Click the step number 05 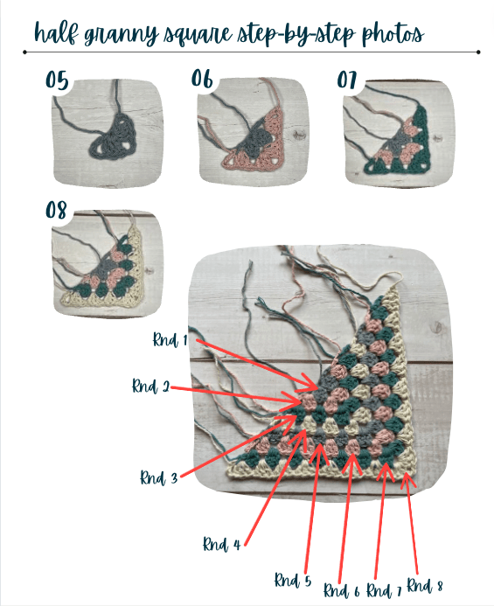tap(57, 80)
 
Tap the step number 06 tap(202, 79)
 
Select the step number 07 tap(346, 80)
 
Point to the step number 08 tap(56, 210)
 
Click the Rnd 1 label tap(170, 339)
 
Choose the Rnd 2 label tap(150, 386)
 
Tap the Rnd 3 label tap(158, 477)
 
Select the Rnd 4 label tap(221, 544)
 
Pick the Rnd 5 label tap(293, 580)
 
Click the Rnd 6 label tap(341, 590)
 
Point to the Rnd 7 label tap(384, 590)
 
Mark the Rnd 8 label tap(425, 586)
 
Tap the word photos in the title tap(393, 34)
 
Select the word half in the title tap(56, 32)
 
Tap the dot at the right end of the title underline tap(478, 52)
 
